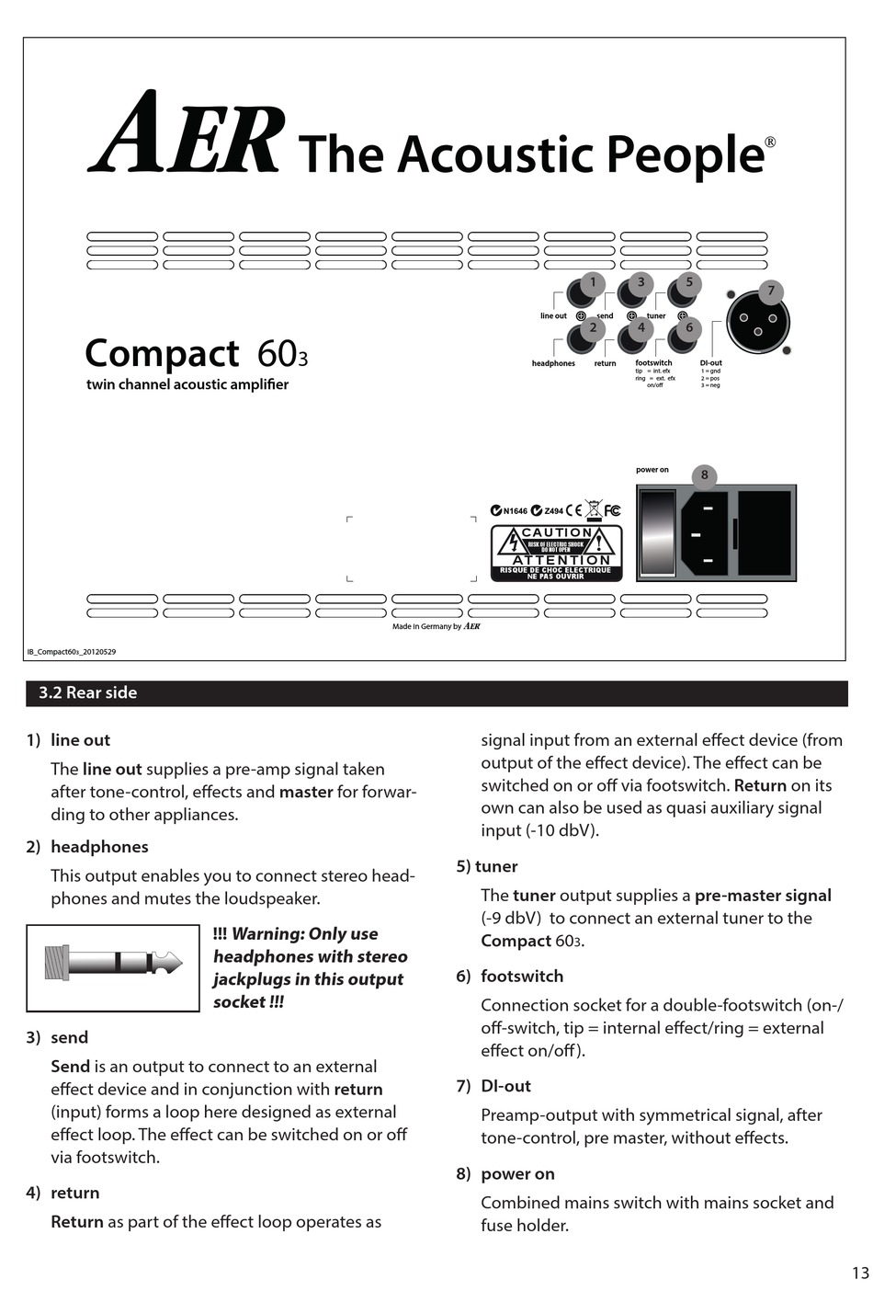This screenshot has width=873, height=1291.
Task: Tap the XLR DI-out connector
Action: point(758,323)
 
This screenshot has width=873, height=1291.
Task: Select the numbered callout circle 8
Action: point(705,474)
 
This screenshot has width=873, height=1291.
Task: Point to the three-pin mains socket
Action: point(708,534)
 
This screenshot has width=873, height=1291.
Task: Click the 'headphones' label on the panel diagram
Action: point(553,363)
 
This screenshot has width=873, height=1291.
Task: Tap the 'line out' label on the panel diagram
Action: point(553,316)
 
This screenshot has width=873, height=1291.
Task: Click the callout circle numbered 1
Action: point(593,282)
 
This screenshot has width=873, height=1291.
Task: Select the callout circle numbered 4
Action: point(641,327)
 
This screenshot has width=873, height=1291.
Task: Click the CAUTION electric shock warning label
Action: point(556,553)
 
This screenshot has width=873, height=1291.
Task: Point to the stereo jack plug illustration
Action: point(112,964)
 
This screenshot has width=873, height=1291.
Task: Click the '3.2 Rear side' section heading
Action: point(88,693)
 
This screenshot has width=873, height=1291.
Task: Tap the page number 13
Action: point(859,1273)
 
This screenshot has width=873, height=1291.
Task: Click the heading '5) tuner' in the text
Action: point(488,866)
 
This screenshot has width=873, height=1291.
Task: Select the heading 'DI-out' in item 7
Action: point(505,1086)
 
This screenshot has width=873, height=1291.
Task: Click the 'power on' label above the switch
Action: point(652,470)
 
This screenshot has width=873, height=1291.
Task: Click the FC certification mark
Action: point(612,510)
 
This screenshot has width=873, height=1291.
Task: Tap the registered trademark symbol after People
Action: point(770,142)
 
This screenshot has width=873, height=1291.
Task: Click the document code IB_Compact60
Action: point(72,652)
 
